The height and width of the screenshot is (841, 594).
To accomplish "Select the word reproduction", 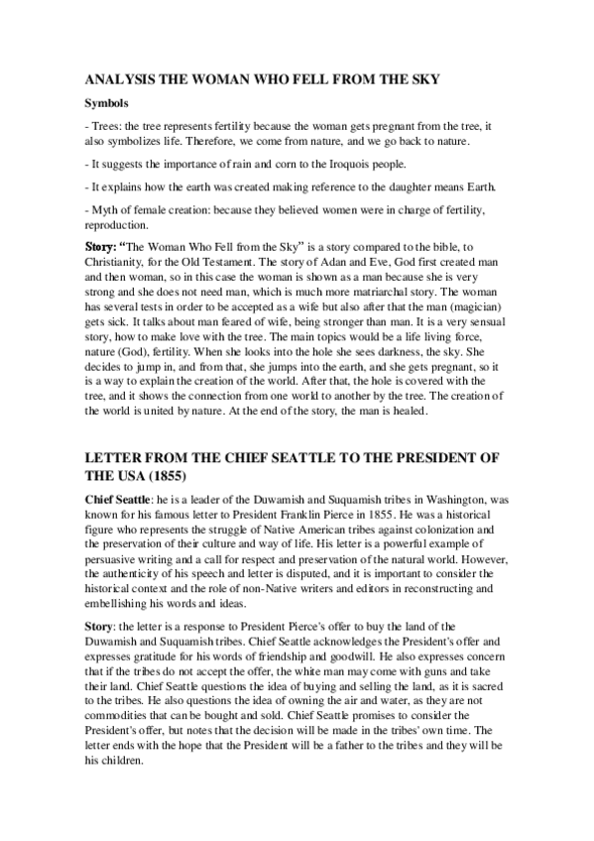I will click(x=114, y=223).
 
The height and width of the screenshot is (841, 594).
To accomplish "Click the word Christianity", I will click(x=119, y=261).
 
